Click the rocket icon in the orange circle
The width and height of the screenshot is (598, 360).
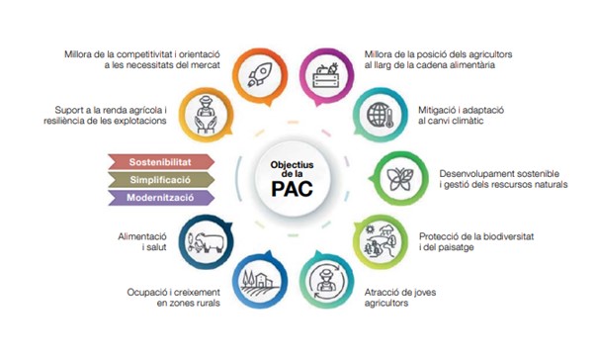pyautogui.click(x=260, y=75)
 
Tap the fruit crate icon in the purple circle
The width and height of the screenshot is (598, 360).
pyautogui.click(x=326, y=75)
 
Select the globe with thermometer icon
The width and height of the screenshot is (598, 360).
pyautogui.click(x=380, y=115)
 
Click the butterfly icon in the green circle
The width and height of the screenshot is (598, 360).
pyautogui.click(x=400, y=179)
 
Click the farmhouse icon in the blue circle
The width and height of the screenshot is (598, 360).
pyautogui.click(x=260, y=283)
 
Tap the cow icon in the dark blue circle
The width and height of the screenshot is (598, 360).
pyautogui.click(x=206, y=241)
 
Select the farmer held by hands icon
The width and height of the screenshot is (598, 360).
pyautogui.click(x=206, y=115)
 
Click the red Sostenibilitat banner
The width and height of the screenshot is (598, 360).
pyautogui.click(x=161, y=162)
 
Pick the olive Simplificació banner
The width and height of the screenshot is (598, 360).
pyautogui.click(x=161, y=180)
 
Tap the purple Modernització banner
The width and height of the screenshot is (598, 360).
pyautogui.click(x=161, y=198)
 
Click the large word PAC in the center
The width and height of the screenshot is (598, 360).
pyautogui.click(x=293, y=188)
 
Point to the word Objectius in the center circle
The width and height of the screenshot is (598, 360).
pyautogui.click(x=293, y=165)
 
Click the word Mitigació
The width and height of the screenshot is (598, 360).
pyautogui.click(x=437, y=111)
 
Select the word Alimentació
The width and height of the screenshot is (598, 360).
pyautogui.click(x=142, y=236)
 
